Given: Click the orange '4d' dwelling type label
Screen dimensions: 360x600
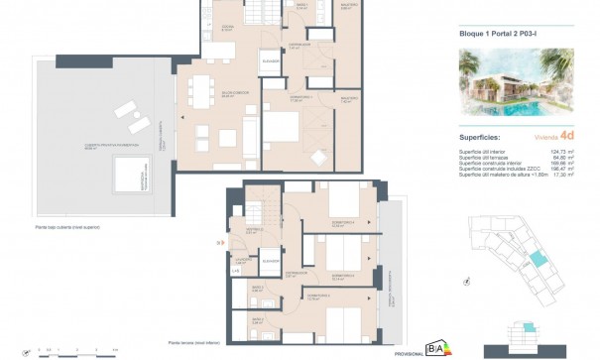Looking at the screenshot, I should click(x=565, y=137).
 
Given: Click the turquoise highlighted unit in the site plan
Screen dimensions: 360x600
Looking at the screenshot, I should click(x=538, y=259).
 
